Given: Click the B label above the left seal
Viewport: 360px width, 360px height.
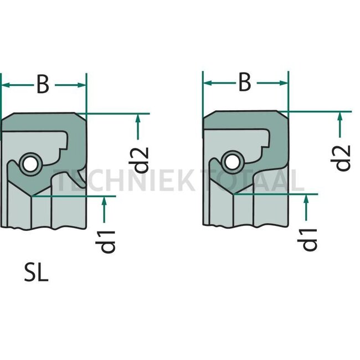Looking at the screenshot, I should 43,85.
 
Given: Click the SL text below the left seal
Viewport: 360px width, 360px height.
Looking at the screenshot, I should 37,274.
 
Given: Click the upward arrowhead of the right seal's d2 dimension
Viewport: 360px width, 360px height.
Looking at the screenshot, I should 339,116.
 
